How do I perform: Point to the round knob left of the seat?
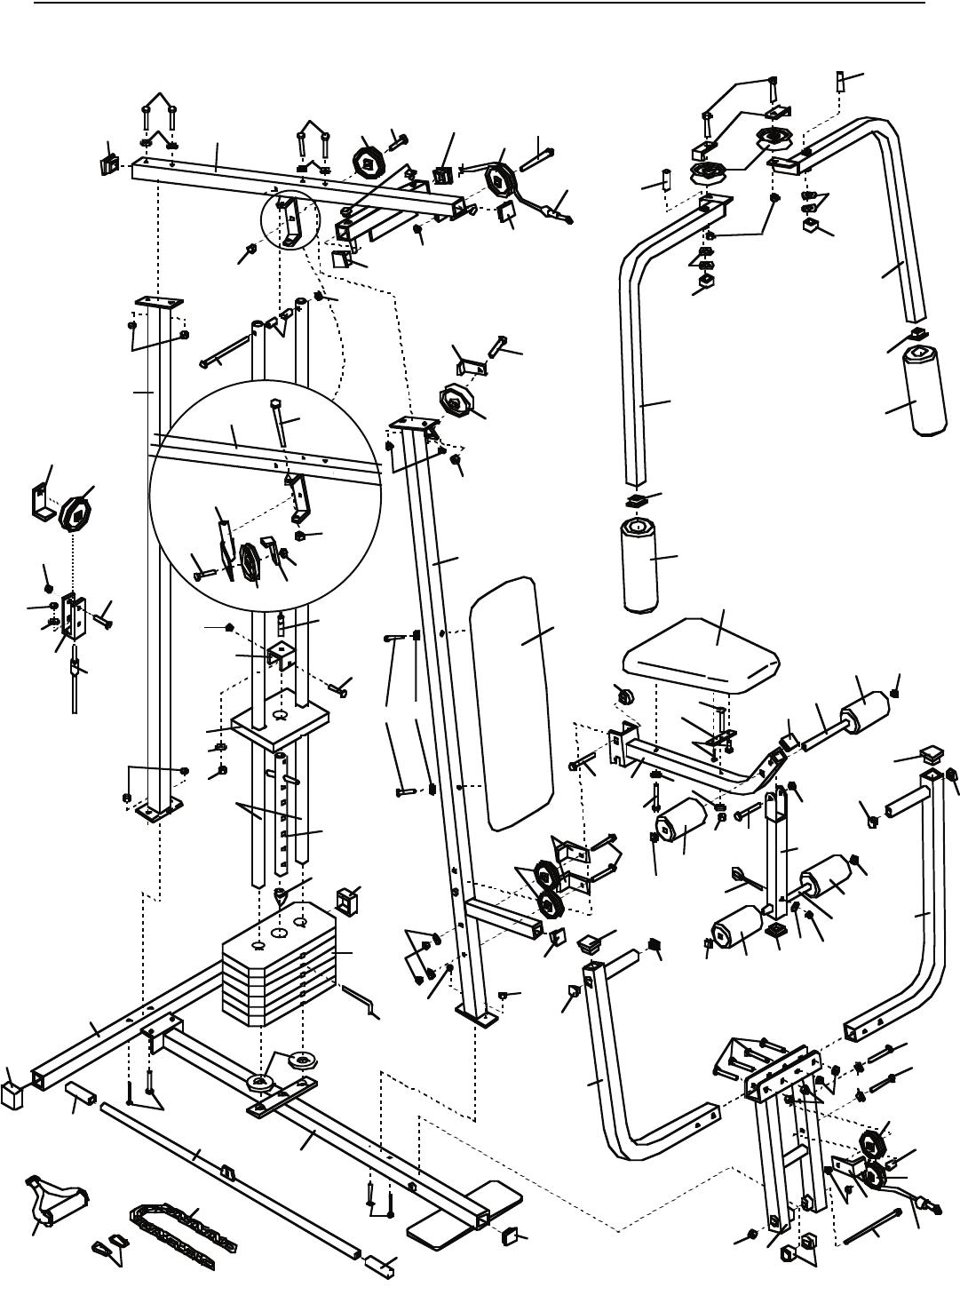624,694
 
